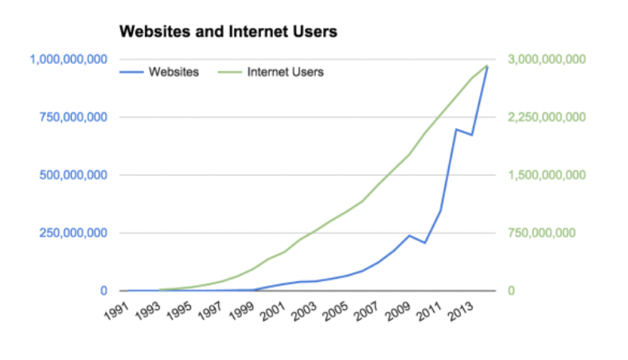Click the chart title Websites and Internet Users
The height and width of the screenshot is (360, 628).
(x=228, y=33)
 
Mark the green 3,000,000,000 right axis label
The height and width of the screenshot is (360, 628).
(x=546, y=59)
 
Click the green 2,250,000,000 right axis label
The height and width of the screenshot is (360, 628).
(x=546, y=117)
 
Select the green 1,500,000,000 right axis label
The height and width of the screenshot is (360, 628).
(x=546, y=175)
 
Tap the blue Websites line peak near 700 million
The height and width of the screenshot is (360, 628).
(x=456, y=129)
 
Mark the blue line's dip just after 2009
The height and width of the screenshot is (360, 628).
(x=425, y=242)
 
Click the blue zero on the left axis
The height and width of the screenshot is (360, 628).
(x=103, y=292)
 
